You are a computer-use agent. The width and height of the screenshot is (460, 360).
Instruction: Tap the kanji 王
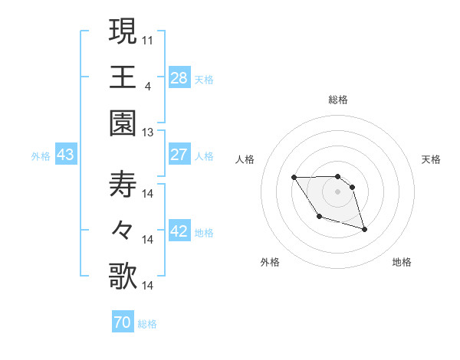pos(123,77)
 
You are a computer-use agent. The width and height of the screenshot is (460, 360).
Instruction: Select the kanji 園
pos(123,123)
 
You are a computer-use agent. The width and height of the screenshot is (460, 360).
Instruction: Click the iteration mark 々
pos(123,231)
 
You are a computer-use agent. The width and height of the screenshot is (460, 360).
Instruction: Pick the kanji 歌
pos(123,277)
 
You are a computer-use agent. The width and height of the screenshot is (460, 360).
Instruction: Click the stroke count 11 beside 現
pos(149,38)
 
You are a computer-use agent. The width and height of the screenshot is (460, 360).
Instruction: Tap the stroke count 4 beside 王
pos(147,85)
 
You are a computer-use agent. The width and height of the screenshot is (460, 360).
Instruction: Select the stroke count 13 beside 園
pos(148,132)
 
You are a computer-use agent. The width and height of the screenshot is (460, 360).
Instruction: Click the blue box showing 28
pos(179,77)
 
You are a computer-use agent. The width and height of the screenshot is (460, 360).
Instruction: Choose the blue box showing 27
pos(179,155)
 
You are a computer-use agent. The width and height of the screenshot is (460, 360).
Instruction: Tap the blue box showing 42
pos(179,231)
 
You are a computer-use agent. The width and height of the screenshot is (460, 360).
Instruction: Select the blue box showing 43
pos(65,155)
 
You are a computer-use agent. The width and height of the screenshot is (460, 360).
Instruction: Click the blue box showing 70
pos(122,322)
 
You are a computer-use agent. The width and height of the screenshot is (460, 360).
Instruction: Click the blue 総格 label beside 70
pos(147,324)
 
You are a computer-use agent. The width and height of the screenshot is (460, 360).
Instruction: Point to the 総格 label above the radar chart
pos(338,100)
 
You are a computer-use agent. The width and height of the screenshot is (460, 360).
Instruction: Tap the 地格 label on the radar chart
pos(402,262)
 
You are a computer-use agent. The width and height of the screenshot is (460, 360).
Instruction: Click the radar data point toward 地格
pos(364,229)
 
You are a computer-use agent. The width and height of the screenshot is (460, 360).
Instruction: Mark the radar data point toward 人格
pos(294,178)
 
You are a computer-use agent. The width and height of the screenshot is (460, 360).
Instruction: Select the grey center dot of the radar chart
pos(338,191)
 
